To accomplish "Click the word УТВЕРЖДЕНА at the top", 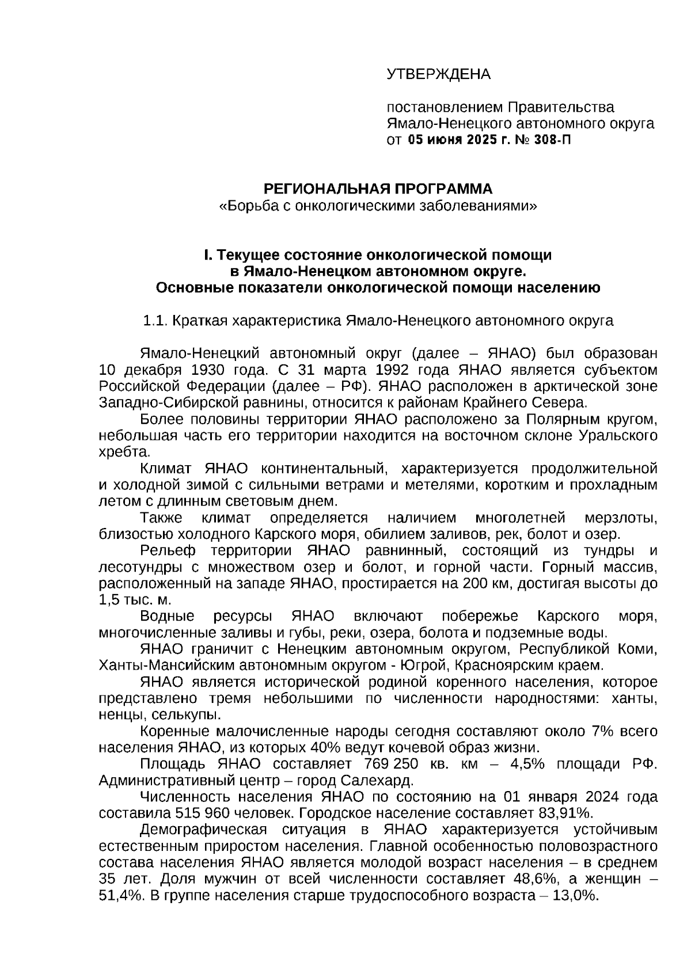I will click(x=438, y=74).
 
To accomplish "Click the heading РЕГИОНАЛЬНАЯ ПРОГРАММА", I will click(x=378, y=189).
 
